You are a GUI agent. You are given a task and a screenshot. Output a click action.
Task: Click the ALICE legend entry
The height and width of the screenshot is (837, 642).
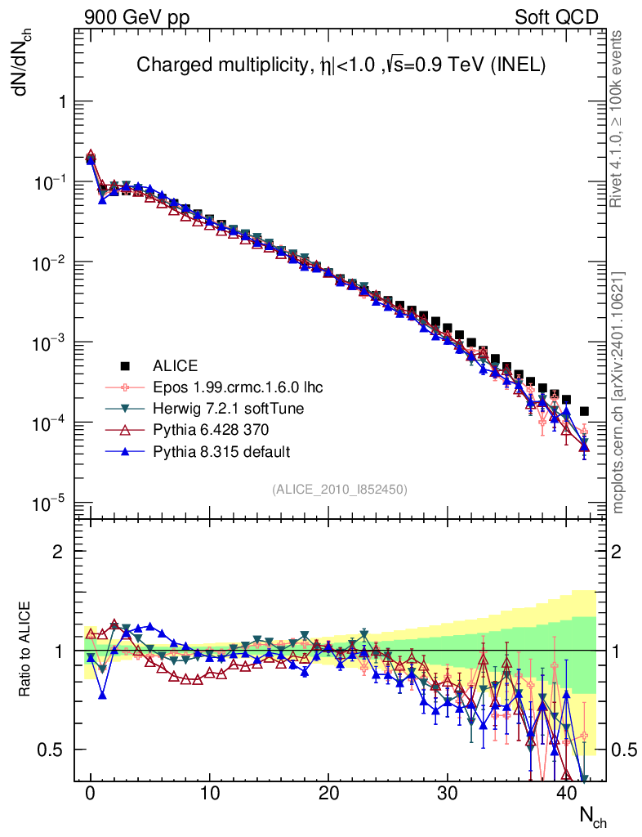click(x=176, y=365)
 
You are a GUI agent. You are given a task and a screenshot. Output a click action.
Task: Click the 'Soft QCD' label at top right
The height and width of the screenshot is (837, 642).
click(x=556, y=17)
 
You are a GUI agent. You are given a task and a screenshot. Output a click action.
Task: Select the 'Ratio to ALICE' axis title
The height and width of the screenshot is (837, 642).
click(x=26, y=650)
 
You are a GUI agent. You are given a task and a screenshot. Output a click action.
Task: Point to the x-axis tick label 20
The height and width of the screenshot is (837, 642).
click(x=328, y=793)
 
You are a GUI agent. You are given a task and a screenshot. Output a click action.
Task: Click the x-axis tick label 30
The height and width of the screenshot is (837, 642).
click(x=447, y=793)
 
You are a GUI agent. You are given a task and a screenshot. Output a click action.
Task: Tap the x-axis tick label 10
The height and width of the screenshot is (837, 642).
click(x=210, y=793)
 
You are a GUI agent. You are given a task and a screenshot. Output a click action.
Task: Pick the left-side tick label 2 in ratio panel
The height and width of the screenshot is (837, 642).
click(x=59, y=551)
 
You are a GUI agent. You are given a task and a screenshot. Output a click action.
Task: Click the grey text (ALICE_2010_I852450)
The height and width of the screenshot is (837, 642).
click(x=340, y=489)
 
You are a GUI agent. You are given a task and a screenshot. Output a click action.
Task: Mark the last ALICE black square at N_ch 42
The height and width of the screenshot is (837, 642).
click(x=584, y=411)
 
